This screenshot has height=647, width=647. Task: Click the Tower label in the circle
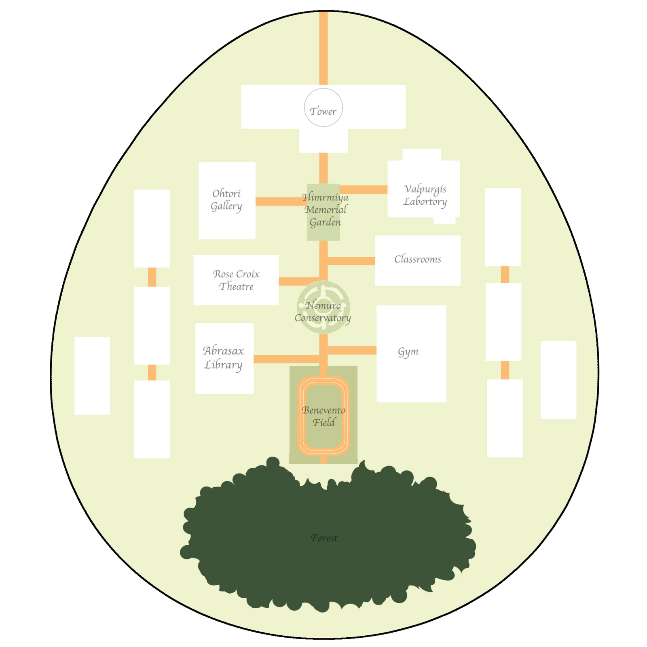pos(323,111)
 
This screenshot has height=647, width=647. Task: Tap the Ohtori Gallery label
pos(226,200)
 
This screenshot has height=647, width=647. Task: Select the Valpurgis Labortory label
pos(425,195)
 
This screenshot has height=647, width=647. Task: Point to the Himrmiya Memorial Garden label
pos(325,210)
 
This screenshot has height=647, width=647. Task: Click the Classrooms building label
pos(417,259)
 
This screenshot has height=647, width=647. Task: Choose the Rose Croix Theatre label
pos(236,280)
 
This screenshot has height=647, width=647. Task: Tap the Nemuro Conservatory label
pos(323,312)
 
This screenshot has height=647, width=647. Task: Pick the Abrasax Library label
pos(224,357)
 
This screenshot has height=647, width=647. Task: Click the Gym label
pos(408,351)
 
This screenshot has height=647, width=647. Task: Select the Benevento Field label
pos(324,417)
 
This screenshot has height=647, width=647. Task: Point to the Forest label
pos(324,538)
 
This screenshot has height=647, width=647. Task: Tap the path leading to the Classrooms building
pos(351,261)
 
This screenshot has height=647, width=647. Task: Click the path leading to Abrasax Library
pos(285,359)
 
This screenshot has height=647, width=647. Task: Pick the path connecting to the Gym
pos(351,350)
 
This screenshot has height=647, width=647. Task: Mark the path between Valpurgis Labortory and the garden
pos(363,190)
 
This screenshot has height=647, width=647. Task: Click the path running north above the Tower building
pos(323,49)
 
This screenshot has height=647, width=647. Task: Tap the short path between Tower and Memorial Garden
pos(323,168)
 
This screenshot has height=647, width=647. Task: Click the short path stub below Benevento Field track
pos(323,460)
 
